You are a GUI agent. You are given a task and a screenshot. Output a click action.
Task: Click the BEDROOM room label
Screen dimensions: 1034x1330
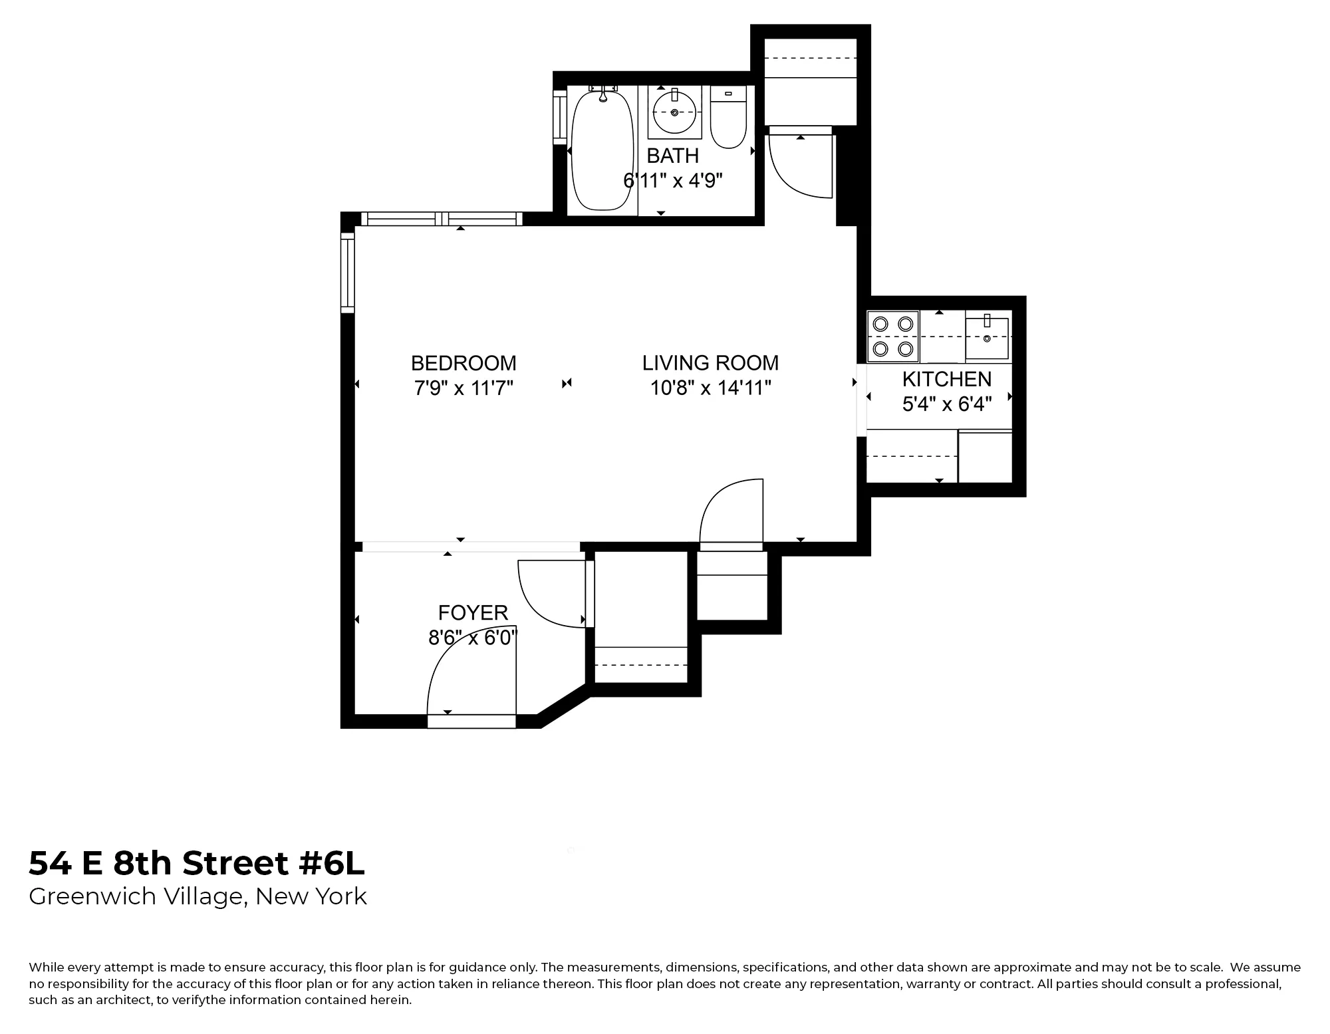(464, 363)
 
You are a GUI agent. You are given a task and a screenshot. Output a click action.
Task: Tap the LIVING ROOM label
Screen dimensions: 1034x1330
(710, 363)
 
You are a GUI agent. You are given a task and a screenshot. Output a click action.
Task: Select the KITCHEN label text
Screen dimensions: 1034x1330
(946, 379)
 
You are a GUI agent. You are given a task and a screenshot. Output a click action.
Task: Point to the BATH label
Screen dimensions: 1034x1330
(672, 156)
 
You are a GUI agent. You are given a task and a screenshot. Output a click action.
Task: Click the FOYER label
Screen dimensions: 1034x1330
(473, 612)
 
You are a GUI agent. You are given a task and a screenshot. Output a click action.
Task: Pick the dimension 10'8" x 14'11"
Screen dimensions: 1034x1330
(710, 388)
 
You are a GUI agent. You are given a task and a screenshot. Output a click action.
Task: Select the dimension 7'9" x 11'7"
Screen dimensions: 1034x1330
(464, 388)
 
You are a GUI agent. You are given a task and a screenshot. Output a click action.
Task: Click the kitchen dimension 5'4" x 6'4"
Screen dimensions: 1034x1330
(946, 404)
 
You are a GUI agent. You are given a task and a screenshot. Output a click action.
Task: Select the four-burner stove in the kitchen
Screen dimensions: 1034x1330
(893, 336)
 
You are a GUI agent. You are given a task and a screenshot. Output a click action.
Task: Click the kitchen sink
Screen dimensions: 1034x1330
(987, 338)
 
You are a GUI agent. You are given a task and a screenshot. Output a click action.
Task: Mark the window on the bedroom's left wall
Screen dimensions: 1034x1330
(347, 273)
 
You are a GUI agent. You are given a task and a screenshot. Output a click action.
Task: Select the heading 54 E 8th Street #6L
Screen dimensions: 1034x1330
(197, 863)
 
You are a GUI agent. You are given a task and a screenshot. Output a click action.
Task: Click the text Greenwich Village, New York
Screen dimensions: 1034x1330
(198, 896)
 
